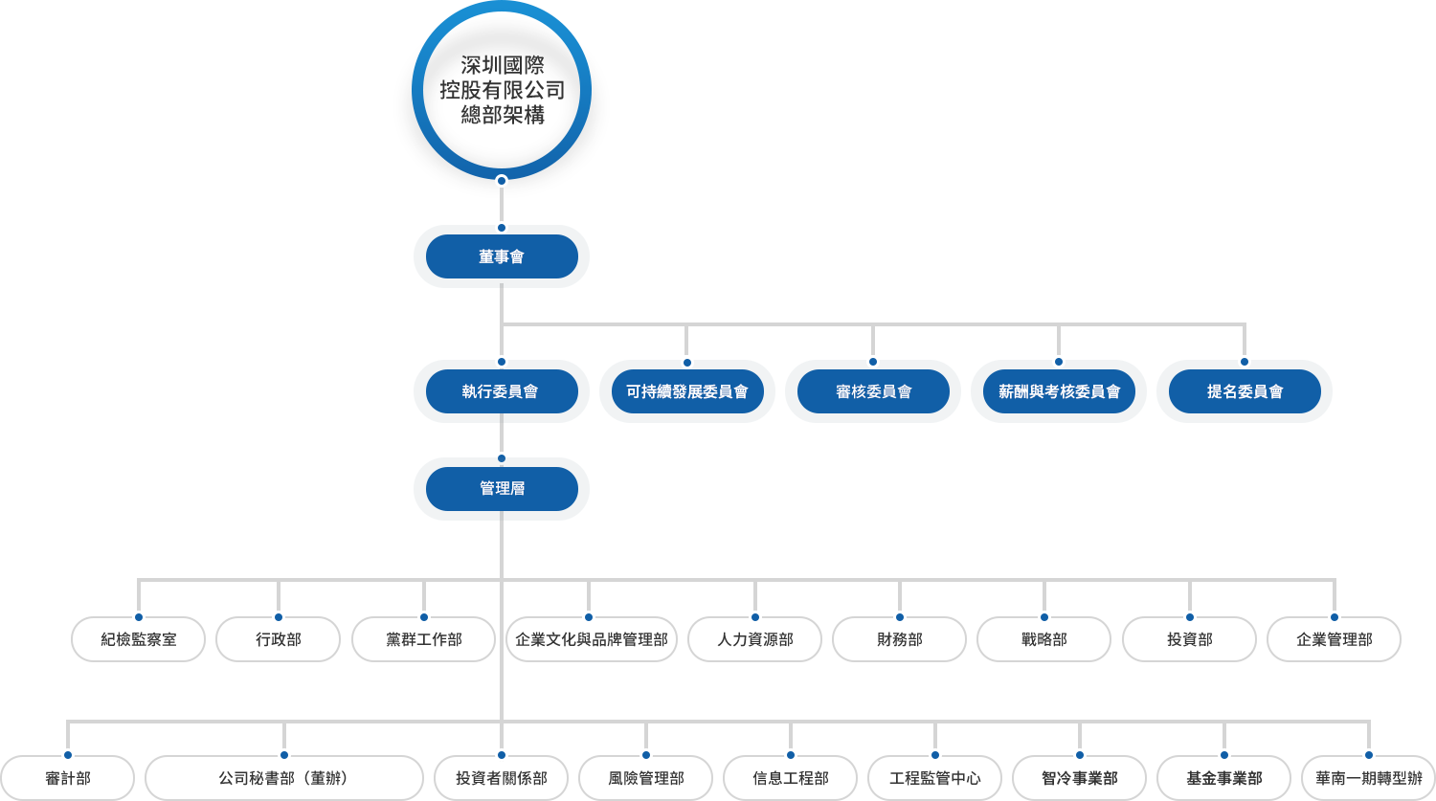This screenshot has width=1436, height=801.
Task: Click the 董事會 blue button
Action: point(502,256)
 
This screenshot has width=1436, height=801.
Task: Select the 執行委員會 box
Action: point(501,391)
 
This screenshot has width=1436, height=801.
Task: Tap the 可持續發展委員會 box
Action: point(686,391)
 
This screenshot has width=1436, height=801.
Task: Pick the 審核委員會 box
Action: point(872,391)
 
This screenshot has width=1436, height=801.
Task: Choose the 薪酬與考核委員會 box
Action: point(1058,391)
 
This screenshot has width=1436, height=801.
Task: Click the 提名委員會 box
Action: point(1244,391)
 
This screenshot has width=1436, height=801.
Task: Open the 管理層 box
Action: point(501,489)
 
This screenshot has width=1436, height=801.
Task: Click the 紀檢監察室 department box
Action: point(138,639)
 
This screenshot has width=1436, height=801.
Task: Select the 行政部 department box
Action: point(278,639)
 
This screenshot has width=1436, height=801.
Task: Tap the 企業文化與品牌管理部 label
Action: point(591,639)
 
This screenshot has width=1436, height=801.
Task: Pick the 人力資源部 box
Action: point(754,639)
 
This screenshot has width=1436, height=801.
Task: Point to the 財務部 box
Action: point(899,639)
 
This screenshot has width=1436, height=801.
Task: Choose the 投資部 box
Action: point(1189,639)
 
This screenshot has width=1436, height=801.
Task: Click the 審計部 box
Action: point(67,778)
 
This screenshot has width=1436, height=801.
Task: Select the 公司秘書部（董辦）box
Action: point(283,778)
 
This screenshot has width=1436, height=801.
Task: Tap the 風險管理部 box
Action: point(645,778)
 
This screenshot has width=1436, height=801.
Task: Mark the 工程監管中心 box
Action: point(934,778)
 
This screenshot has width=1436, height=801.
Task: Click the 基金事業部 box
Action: point(1223,778)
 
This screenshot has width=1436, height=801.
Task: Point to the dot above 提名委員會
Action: point(1244,362)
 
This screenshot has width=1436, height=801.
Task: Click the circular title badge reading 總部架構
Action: point(501,91)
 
